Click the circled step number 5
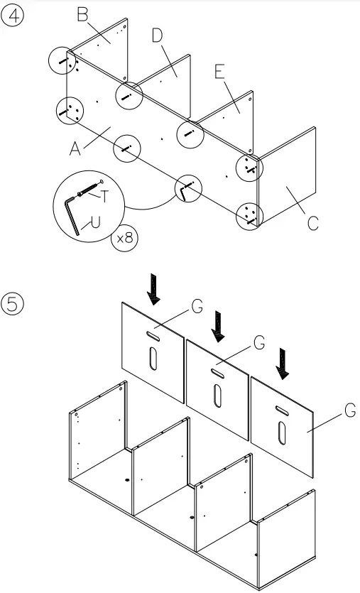pos(13,303)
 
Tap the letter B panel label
pos(84,15)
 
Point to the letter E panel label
pos(219,72)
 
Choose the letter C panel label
pos(312,223)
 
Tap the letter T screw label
pos(104,195)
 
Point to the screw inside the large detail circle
pos(87,190)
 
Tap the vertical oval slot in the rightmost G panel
pos(283,432)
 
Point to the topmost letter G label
pos(197,307)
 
